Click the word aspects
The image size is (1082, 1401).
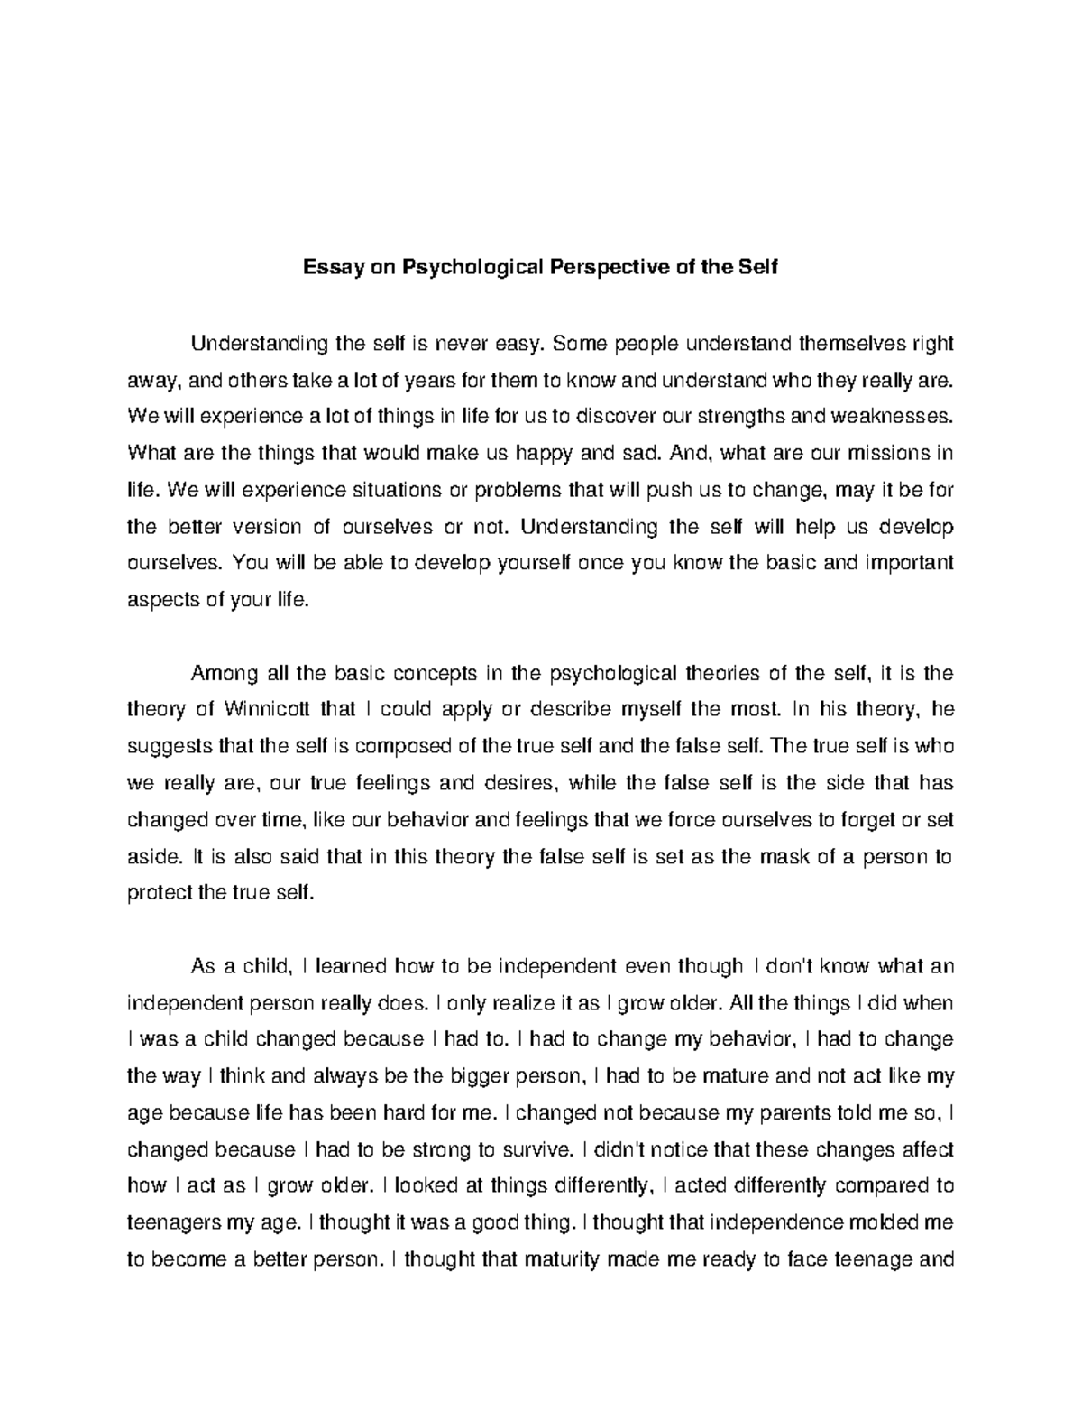(158, 600)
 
